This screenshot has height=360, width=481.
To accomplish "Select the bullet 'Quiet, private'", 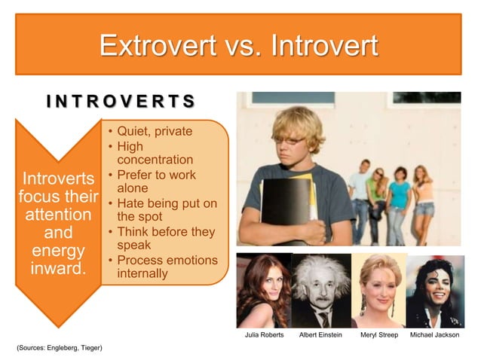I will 155,133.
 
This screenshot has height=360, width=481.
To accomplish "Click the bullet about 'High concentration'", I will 155,153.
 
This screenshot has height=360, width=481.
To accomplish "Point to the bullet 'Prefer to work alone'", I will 155,182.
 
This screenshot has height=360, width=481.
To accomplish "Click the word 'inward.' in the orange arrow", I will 58,267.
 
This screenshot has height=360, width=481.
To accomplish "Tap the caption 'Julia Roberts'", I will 265,334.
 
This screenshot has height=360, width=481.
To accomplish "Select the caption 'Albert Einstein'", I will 320,334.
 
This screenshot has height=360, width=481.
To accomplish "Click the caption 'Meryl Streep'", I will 378,334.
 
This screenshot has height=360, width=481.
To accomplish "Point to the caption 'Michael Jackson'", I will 434,334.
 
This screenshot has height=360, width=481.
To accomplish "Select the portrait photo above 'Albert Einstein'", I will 321,290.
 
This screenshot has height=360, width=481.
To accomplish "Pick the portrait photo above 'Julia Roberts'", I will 263,290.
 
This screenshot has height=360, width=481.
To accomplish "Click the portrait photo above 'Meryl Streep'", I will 378,290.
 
